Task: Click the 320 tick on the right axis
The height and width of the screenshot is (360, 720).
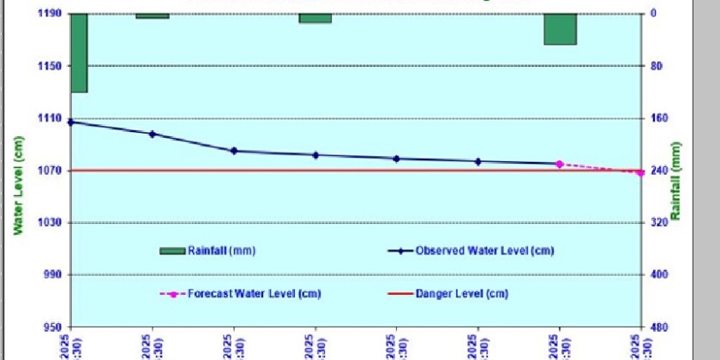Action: pos(657,223)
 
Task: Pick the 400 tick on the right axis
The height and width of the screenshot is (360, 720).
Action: pos(657,275)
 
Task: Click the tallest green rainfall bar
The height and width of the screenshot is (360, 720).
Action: pos(79,52)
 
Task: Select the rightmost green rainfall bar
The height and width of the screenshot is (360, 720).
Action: pos(560,28)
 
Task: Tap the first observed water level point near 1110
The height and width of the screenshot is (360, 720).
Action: pos(71,122)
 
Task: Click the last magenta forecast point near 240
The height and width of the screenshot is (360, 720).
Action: pos(640,173)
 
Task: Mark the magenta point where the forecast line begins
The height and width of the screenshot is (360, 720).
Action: pos(559,164)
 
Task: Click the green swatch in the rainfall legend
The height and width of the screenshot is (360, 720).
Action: pos(171,250)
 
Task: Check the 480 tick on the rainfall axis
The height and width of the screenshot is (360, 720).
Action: pos(657,327)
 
